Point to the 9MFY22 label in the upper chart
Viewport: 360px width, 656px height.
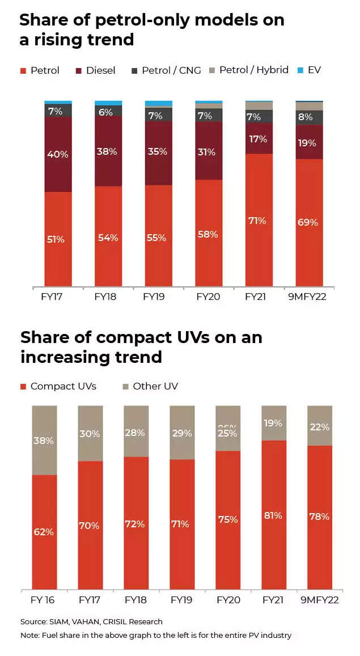[310, 296]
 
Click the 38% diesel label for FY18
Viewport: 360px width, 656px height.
[108, 151]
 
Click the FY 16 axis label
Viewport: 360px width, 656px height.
[43, 599]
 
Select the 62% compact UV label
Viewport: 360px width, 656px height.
[43, 532]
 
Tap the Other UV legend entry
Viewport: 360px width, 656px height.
[150, 386]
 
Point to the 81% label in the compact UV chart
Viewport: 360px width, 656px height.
[273, 515]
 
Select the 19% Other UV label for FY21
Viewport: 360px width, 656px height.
[273, 423]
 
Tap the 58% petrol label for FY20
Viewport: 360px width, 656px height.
[207, 234]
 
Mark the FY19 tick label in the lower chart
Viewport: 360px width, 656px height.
[181, 599]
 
